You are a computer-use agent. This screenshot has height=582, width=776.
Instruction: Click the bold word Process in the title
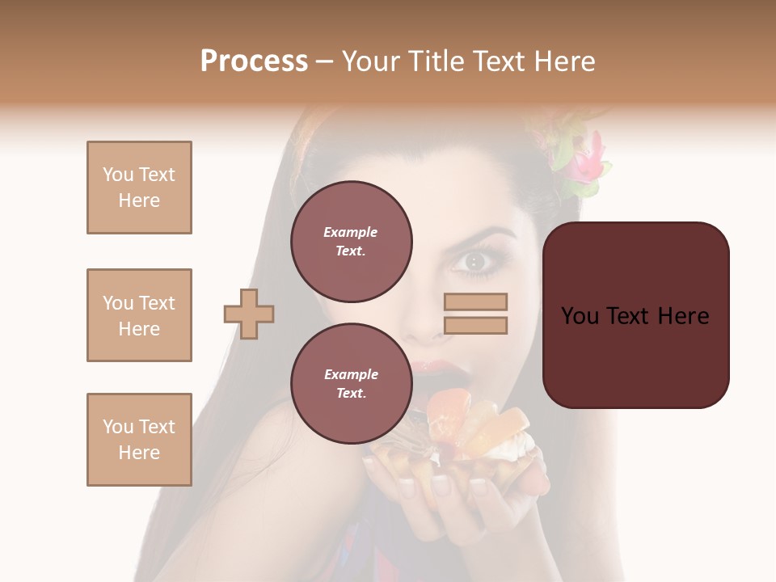(x=254, y=61)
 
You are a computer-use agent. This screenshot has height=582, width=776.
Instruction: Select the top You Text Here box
(x=139, y=188)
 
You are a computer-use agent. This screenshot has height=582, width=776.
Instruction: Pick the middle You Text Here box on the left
(x=139, y=315)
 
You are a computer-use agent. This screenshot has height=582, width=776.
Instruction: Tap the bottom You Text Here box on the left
(x=139, y=440)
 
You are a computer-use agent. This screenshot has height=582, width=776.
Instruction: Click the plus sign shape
(x=249, y=314)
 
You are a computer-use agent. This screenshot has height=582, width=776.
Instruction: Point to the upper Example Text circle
(x=352, y=242)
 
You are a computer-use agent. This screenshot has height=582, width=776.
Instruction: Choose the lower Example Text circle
(x=352, y=384)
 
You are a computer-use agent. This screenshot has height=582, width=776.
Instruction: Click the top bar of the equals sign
(x=476, y=302)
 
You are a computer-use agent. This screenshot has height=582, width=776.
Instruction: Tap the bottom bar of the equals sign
(x=476, y=325)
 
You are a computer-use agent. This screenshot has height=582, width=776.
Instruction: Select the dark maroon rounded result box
(x=636, y=315)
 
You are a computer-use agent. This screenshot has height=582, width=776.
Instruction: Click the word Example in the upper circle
(x=350, y=232)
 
